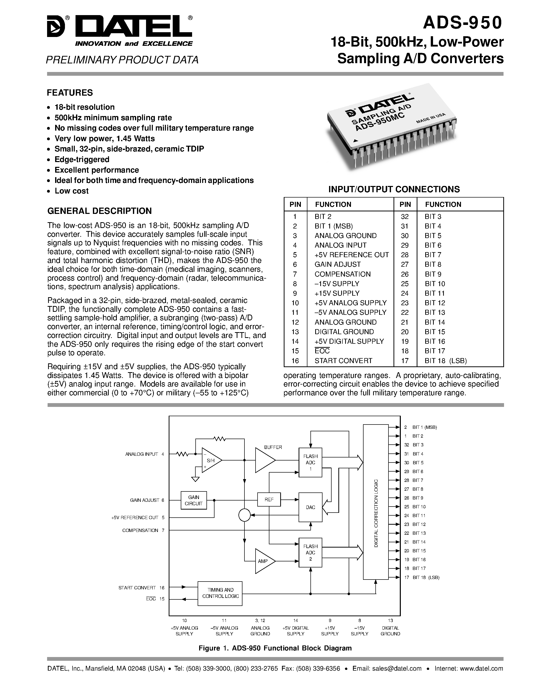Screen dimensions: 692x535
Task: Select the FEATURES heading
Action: click(70, 93)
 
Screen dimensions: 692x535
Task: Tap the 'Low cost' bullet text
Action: click(72, 191)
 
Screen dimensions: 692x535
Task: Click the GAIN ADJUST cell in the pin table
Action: click(338, 264)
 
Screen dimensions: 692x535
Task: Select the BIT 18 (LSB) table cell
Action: click(446, 361)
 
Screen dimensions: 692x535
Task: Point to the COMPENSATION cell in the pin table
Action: click(342, 274)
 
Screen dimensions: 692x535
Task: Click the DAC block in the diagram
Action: click(310, 507)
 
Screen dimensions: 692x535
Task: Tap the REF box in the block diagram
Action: click(269, 500)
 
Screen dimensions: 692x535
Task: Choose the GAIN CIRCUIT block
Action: click(193, 500)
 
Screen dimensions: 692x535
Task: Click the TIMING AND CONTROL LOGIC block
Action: click(220, 593)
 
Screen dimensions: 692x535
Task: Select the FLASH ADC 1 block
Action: click(310, 462)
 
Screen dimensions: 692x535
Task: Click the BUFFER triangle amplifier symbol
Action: click(264, 460)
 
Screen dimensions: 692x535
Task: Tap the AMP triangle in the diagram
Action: click(263, 561)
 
